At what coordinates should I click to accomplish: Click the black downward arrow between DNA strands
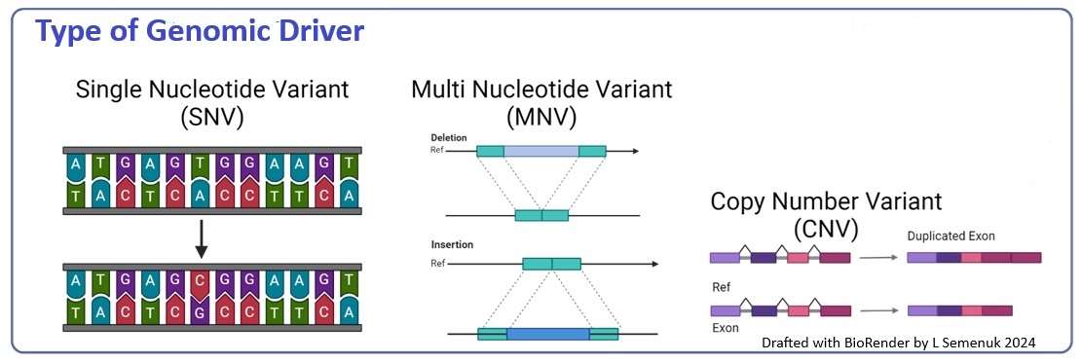pyautogui.click(x=199, y=236)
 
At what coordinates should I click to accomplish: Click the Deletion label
pyautogui.click(x=449, y=138)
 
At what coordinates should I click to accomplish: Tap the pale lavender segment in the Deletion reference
pyautogui.click(x=541, y=152)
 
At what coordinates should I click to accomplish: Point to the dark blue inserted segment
pyautogui.click(x=547, y=334)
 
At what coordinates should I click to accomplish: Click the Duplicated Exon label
pyautogui.click(x=951, y=236)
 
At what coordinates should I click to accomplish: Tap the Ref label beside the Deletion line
pyautogui.click(x=437, y=151)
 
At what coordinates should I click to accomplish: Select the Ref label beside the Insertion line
pyautogui.click(x=437, y=263)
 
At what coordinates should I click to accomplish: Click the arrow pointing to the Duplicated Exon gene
pyautogui.click(x=877, y=258)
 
